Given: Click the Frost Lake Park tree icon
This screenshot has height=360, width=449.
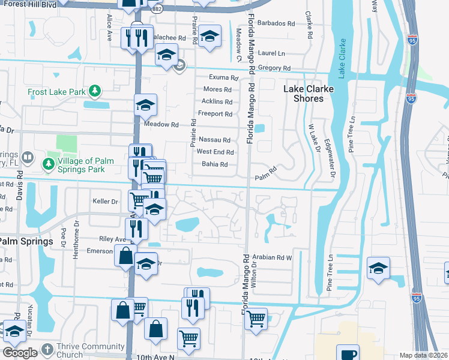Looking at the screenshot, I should [x=94, y=91].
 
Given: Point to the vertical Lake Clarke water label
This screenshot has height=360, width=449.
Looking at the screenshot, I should [x=342, y=59].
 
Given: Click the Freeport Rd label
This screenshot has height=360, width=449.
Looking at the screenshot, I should [x=215, y=114].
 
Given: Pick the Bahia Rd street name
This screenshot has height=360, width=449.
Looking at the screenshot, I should [x=215, y=164].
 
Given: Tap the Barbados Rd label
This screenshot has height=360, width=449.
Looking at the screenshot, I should [x=276, y=24].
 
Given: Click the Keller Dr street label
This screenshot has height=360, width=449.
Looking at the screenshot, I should [x=105, y=201].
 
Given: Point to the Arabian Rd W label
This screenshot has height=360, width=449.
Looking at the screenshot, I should [x=271, y=257].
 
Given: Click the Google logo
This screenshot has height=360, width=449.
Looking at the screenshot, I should [x=19, y=353].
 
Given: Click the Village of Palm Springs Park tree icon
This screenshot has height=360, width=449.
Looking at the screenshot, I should [x=47, y=164].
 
